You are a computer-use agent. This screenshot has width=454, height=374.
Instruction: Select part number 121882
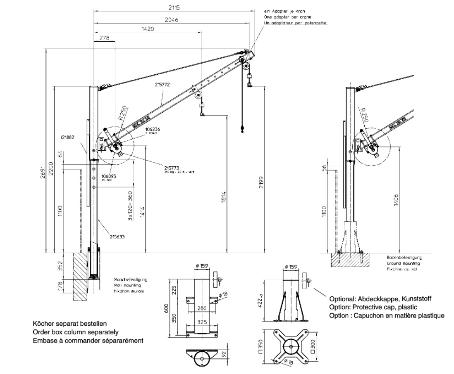[x=67, y=137]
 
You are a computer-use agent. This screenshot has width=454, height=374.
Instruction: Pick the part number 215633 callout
[x=117, y=237]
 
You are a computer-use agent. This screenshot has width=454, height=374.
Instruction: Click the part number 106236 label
[x=153, y=129]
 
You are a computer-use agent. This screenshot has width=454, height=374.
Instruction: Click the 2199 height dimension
[x=261, y=182]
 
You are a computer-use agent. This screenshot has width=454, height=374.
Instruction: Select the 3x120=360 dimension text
[x=130, y=206]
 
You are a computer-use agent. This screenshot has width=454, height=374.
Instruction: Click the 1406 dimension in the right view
[x=396, y=202]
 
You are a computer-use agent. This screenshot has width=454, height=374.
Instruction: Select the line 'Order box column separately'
[x=76, y=332]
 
